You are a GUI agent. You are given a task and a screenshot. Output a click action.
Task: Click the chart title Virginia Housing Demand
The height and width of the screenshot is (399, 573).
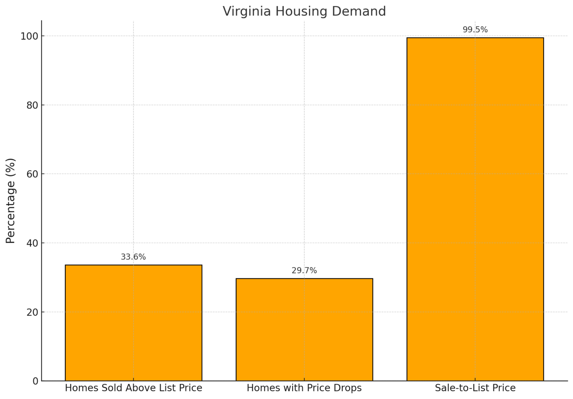coord(304,11)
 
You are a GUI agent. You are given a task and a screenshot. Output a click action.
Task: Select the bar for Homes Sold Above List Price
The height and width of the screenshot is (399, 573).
coord(134,323)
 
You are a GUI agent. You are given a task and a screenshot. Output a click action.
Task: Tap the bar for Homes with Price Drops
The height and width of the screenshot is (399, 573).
coord(304,329)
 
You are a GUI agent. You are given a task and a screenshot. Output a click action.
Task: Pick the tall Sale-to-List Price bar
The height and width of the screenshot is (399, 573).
coord(475,209)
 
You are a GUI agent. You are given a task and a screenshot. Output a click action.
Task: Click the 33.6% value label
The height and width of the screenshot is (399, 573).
coord(133,257)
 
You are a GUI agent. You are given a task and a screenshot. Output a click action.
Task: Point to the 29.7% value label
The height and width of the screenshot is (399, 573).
coord(304,270)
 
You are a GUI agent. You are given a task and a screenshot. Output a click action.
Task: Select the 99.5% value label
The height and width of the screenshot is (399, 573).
coord(475,30)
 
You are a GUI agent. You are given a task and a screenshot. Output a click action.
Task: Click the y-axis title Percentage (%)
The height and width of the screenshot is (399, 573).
coord(11,201)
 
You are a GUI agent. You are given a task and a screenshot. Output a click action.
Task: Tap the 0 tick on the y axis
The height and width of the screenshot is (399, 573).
coord(35,381)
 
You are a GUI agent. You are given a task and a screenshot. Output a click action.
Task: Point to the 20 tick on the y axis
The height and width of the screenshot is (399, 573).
coord(32,312)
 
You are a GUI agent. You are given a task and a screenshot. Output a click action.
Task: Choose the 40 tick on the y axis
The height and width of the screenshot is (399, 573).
coord(32,243)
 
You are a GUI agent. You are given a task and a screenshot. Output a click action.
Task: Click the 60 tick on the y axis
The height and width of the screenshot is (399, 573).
coord(32,174)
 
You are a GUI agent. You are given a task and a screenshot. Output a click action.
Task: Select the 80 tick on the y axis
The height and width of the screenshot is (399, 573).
coord(32,105)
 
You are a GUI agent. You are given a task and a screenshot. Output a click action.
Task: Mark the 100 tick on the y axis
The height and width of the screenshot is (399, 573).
coord(30,36)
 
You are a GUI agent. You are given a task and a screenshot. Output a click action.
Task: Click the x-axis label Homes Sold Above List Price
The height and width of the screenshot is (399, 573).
coord(134,388)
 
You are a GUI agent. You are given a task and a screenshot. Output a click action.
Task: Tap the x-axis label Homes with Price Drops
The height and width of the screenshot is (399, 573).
coord(304,388)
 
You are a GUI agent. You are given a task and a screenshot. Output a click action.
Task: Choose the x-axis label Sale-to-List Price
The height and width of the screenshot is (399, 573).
coord(475,388)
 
